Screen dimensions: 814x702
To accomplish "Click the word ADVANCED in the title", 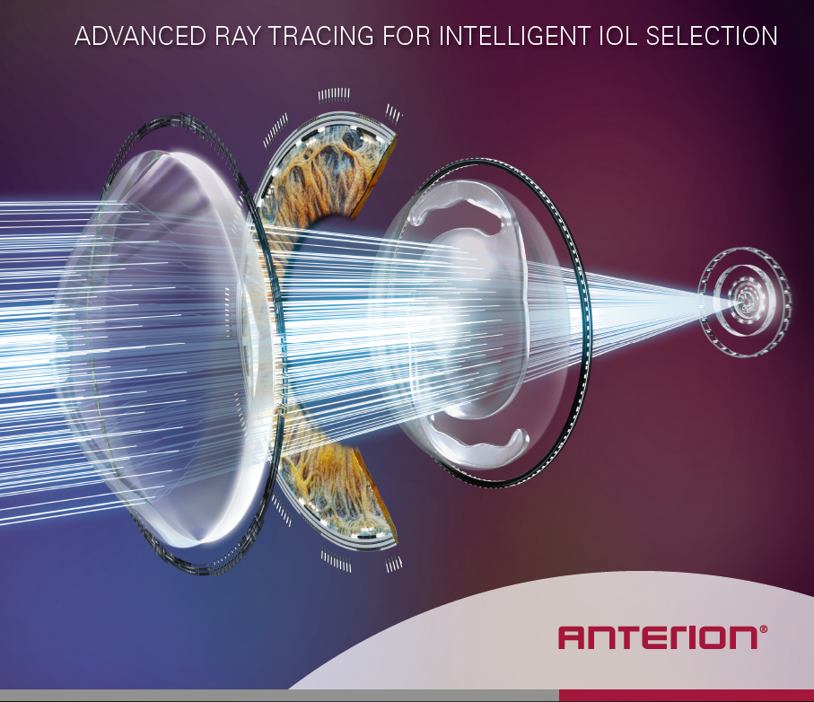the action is tap(140, 36).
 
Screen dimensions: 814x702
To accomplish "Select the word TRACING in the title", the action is tap(321, 36).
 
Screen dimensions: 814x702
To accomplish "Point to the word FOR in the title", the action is tap(407, 36).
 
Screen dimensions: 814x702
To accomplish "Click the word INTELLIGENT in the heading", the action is tap(514, 36).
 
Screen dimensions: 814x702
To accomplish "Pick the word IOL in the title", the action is tap(617, 36).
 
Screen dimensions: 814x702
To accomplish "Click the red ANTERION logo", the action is tap(657, 637).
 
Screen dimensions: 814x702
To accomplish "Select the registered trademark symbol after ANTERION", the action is tap(763, 629).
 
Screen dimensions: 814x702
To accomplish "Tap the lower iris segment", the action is tap(337, 493).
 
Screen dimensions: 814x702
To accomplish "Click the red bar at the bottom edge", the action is tap(687, 695).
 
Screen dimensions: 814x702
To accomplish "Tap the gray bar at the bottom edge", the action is tap(279, 695).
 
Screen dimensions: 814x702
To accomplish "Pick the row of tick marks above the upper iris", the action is tap(334, 95).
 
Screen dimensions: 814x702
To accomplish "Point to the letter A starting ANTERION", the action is tap(572, 637).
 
